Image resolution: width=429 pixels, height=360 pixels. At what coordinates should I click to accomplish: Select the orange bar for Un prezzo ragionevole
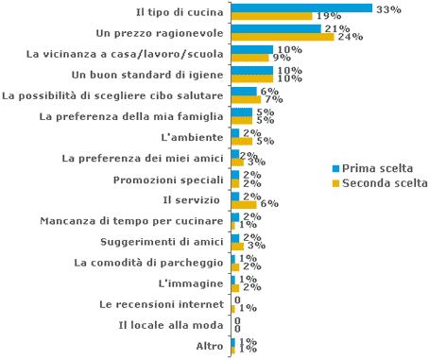pos(282,37)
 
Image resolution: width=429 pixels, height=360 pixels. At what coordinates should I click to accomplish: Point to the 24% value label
pos(351,38)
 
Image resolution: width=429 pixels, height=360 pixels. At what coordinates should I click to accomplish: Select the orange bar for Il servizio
pos(244,204)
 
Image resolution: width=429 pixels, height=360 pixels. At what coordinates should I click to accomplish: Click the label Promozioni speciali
pos(168,180)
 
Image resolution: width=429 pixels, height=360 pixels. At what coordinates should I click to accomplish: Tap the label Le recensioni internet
pos(162,304)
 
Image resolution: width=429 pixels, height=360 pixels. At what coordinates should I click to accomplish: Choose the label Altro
pos(209,346)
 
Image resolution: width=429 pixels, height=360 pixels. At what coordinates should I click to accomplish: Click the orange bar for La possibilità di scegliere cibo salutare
pos(246,99)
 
